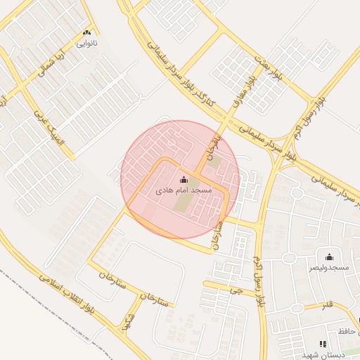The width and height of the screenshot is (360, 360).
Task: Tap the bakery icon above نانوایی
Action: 87,33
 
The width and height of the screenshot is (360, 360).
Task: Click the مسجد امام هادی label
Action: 184,191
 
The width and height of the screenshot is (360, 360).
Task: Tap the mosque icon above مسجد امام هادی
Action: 184,180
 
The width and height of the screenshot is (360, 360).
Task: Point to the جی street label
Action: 240,289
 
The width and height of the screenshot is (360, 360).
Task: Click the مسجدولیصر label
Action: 329,267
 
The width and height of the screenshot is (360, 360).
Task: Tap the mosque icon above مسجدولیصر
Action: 329,257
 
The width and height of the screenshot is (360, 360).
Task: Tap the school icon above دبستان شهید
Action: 323,344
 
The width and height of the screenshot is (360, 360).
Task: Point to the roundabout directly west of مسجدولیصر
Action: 288,258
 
